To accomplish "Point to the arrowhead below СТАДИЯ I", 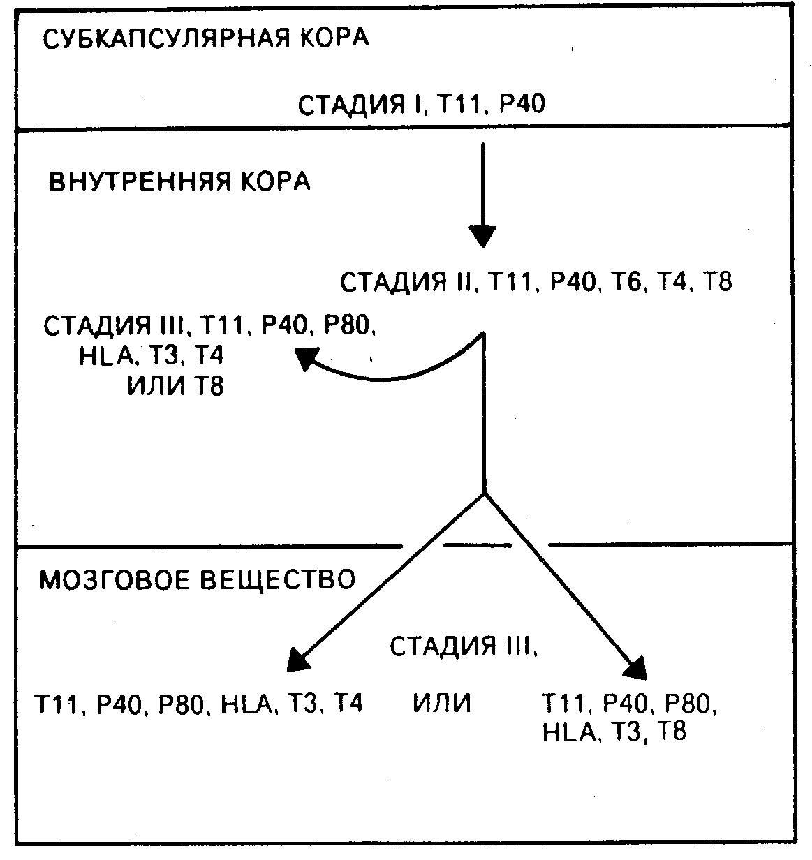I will [x=482, y=235].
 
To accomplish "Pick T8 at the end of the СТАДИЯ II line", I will [x=717, y=283].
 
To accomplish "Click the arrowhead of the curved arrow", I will [x=305, y=359].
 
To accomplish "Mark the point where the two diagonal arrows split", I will [x=483, y=494].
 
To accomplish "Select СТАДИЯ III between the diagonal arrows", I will [x=464, y=646].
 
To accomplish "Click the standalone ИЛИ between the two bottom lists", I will [x=442, y=703].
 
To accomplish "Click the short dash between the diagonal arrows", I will [x=478, y=544].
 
